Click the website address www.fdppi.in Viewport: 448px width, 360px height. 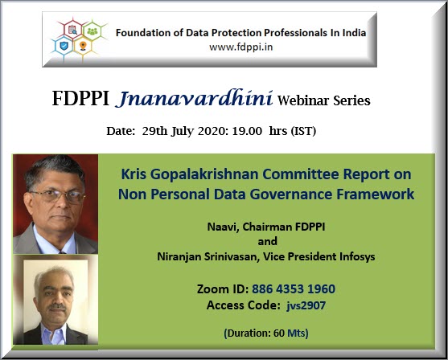tap(240, 47)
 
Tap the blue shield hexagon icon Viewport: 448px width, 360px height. tap(64, 46)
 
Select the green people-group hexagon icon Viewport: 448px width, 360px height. tap(92, 31)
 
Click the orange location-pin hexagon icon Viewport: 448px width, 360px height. tap(83, 46)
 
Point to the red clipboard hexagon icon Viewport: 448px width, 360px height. tap(73, 30)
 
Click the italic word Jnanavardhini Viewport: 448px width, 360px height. tap(194, 99)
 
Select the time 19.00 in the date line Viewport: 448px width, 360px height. tap(247, 131)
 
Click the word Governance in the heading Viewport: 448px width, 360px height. tap(291, 194)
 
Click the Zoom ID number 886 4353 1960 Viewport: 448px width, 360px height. tap(294, 289)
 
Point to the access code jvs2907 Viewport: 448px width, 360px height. tap(306, 305)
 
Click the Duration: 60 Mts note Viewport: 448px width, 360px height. tap(266, 333)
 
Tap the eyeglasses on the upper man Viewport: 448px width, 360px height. tap(58, 196)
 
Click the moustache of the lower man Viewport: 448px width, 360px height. tap(57, 307)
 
